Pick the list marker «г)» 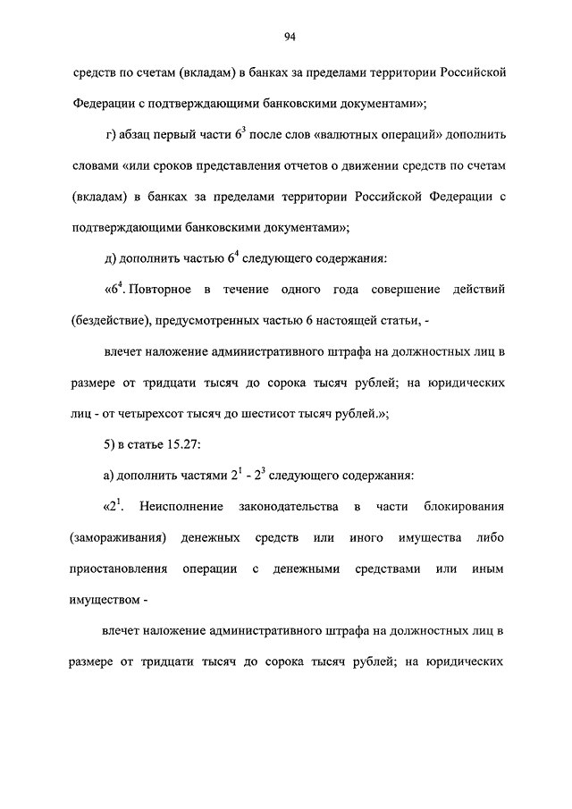tap(112, 135)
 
